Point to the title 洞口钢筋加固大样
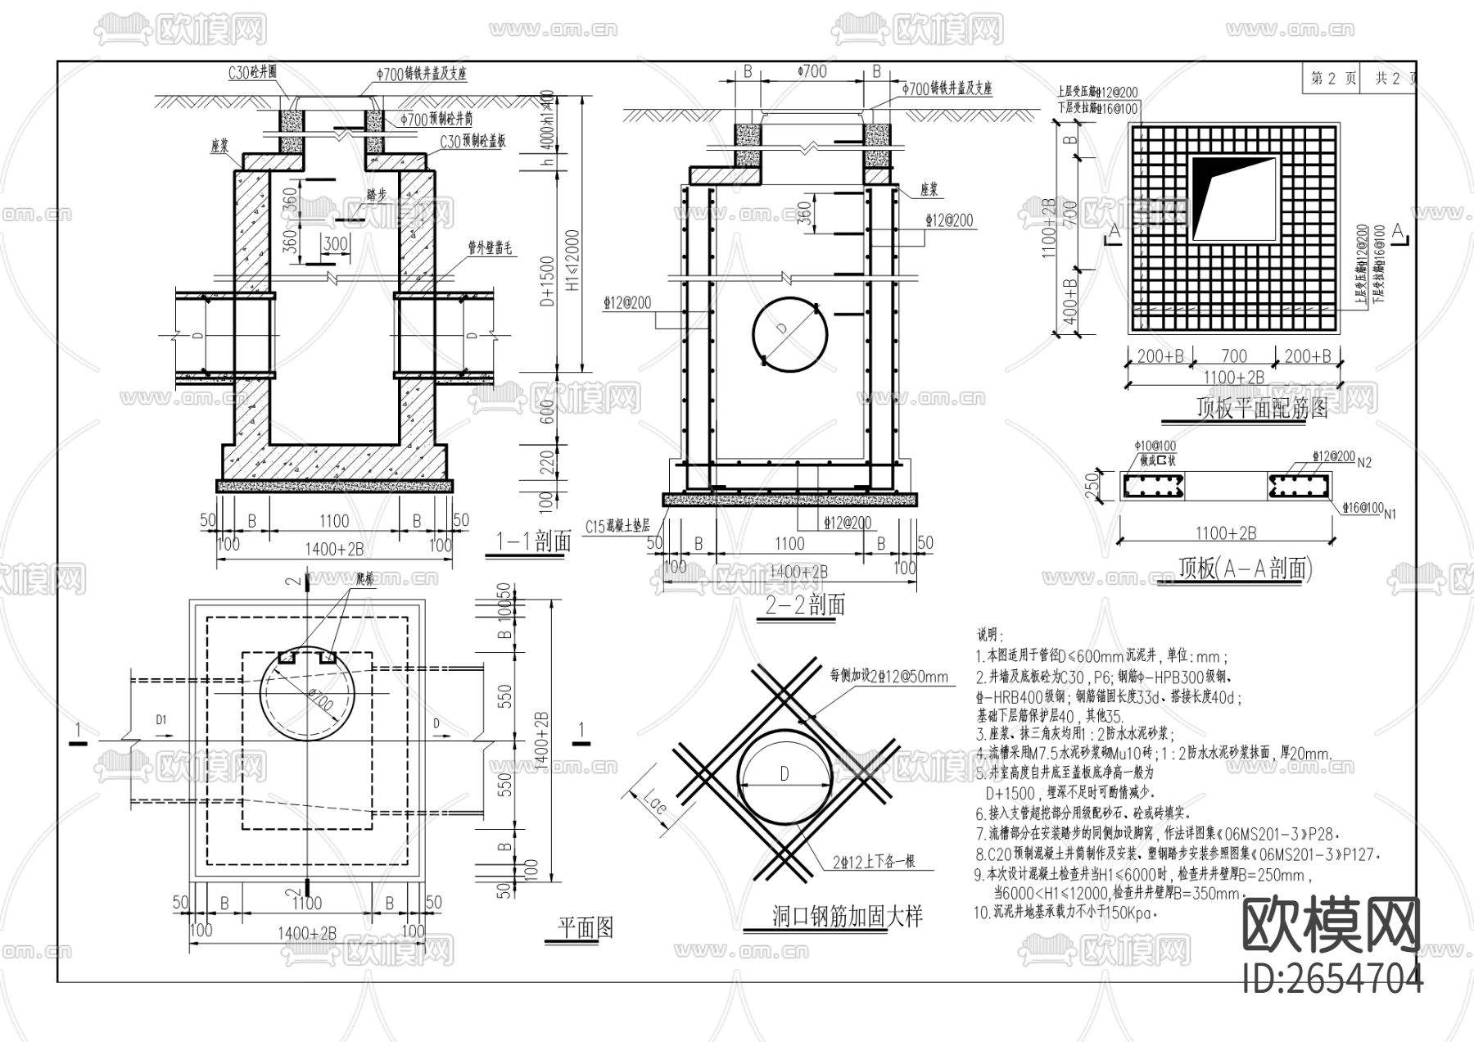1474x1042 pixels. (x=848, y=916)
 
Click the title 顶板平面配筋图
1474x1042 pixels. (x=1262, y=408)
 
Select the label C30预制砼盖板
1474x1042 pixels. (x=472, y=142)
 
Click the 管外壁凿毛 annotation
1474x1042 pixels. (x=490, y=247)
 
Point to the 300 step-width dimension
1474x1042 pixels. (x=336, y=243)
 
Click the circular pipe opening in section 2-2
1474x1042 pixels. (x=790, y=333)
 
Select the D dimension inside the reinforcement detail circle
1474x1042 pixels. (x=784, y=773)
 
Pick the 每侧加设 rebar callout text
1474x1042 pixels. (x=888, y=677)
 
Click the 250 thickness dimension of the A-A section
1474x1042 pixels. (x=1092, y=485)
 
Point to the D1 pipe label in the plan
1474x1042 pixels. (x=161, y=719)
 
